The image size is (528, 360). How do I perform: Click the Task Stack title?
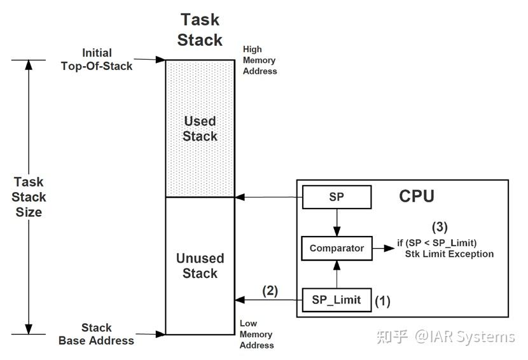point(200,30)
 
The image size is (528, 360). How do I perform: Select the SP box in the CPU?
point(337,197)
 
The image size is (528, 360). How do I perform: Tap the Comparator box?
point(337,248)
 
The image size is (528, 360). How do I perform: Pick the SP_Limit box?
point(337,300)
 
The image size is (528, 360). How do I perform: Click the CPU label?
point(417,196)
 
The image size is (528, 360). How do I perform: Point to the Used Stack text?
point(200,128)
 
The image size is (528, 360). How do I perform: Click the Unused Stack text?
point(200,266)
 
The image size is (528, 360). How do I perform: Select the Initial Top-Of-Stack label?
point(97,59)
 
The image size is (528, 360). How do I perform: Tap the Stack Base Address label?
point(96,334)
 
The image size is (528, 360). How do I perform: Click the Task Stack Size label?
point(29,197)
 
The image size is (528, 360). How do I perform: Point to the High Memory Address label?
point(260,60)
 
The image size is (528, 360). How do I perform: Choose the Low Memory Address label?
point(256,335)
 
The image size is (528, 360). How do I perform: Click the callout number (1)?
point(382,301)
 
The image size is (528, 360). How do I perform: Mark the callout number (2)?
point(270,291)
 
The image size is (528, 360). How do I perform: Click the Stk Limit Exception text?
point(449,254)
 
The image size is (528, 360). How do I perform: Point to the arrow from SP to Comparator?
point(337,221)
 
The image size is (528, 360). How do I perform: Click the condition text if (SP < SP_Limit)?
point(436,242)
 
